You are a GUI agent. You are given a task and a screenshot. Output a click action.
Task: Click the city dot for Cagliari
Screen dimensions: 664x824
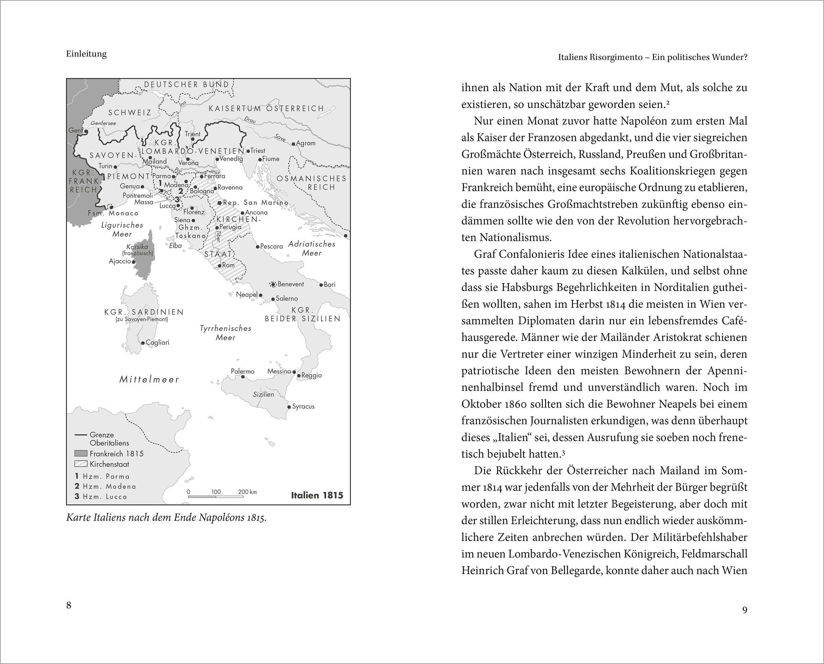(x=143, y=343)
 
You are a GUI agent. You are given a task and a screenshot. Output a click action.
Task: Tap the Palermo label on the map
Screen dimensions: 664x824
(x=242, y=371)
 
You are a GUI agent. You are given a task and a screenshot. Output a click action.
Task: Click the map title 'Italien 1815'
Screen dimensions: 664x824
(x=317, y=495)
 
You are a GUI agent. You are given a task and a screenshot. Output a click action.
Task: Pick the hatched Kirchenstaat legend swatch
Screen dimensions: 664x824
(x=81, y=464)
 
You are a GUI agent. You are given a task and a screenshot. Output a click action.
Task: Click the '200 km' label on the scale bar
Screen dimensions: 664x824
(x=247, y=492)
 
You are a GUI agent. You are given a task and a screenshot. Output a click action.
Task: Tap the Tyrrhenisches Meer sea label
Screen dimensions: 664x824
(x=226, y=333)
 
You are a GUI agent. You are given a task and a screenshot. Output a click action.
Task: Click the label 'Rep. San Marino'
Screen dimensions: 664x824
(x=256, y=203)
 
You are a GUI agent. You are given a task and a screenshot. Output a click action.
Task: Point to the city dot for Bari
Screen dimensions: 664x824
(x=321, y=284)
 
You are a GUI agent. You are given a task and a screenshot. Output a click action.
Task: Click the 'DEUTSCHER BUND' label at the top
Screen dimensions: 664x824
(x=187, y=85)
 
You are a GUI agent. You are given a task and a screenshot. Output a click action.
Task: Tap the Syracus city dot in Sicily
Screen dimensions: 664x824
(x=289, y=407)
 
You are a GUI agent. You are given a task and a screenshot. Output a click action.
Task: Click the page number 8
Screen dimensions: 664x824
(x=69, y=605)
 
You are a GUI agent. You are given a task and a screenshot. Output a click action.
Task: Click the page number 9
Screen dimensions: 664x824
(x=744, y=610)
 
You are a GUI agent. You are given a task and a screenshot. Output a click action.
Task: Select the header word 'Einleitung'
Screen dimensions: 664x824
(x=87, y=54)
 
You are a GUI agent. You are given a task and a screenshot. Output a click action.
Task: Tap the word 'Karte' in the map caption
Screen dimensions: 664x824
(x=78, y=518)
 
